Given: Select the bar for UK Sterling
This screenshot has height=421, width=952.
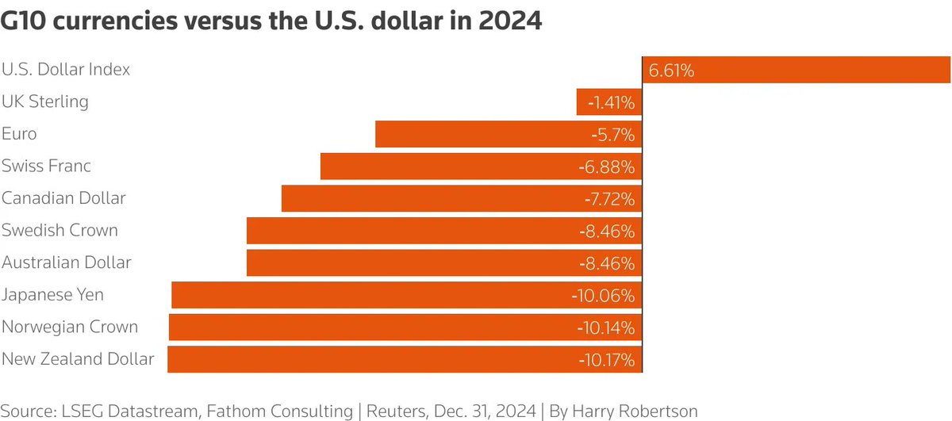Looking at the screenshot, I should click(x=609, y=102).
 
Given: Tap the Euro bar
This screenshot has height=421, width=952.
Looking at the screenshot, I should click(x=509, y=134).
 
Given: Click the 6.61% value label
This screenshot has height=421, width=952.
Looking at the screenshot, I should click(x=671, y=71).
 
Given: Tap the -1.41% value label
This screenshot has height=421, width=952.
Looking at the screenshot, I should click(x=611, y=102).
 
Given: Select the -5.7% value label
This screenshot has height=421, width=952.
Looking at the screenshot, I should click(x=612, y=135).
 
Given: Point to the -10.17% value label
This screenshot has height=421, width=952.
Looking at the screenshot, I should click(x=607, y=360).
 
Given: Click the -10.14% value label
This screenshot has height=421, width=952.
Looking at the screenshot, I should click(x=607, y=327).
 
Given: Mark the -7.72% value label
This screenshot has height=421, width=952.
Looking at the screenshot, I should click(x=609, y=199).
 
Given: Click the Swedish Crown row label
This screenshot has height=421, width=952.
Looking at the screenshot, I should click(x=59, y=231).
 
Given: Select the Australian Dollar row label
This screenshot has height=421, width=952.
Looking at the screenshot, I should click(x=66, y=262).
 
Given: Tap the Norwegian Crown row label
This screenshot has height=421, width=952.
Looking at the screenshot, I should click(x=70, y=327).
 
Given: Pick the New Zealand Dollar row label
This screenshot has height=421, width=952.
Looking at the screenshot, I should click(x=78, y=359).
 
